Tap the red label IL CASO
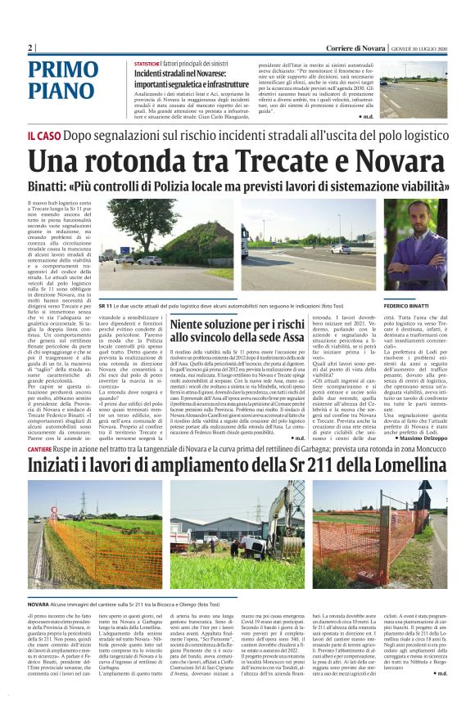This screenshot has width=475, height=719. (x=43, y=137)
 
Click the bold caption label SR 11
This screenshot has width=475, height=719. (x=104, y=305)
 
